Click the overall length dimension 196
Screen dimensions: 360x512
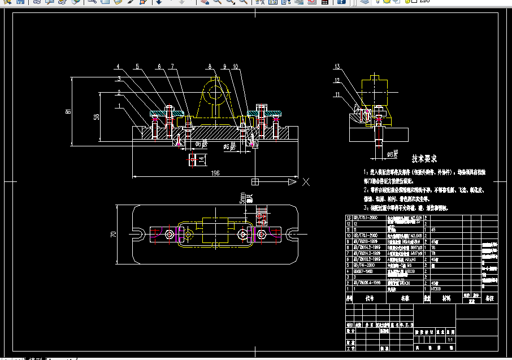pos(215,173)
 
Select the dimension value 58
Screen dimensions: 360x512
pos(96,116)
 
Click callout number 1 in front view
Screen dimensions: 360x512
pos(120,106)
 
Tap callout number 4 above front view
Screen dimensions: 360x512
pos(119,66)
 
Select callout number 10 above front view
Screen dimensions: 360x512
pos(235,66)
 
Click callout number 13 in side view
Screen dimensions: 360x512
pos(336,66)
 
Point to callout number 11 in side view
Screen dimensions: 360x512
pos(336,94)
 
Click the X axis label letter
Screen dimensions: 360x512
pos(306,182)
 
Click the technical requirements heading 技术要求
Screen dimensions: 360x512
pos(424,159)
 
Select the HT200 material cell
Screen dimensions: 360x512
pos(436,288)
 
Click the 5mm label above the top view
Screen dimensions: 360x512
pos(242,199)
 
